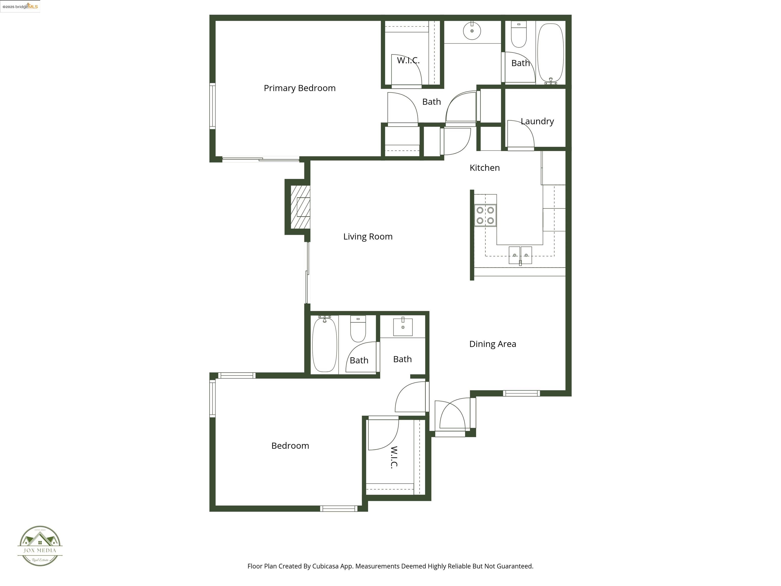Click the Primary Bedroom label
pos(299,88)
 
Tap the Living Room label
pos(368,236)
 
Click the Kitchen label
pos(484,168)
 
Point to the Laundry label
pos(537,121)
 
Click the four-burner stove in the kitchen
pos(485,215)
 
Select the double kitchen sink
pos(520,255)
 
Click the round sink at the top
pos(472,31)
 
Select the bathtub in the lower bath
pos(324,344)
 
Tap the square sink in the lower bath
pos(403,327)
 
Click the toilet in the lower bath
pos(358,329)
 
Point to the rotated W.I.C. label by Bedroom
pos(394,457)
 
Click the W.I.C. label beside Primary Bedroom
pos(408,60)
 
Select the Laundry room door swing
pos(521,134)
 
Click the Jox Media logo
pos(40,546)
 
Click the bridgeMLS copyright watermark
pos(20,6)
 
